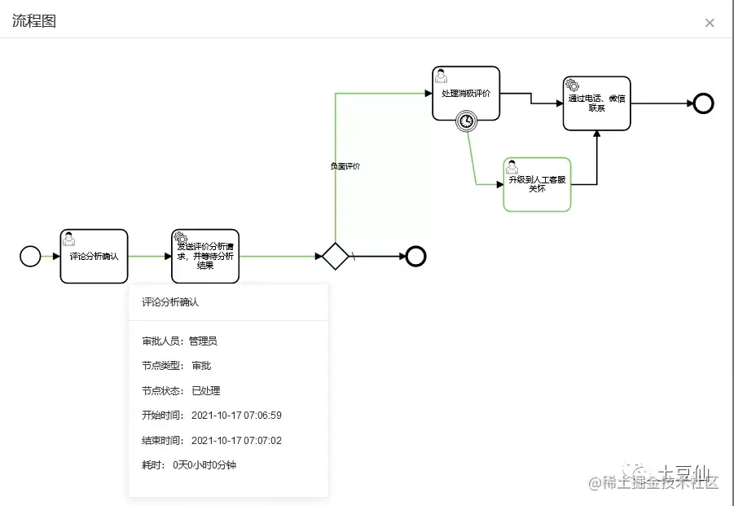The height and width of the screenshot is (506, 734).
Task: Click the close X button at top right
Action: (710, 23)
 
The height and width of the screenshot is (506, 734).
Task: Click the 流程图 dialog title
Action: (34, 21)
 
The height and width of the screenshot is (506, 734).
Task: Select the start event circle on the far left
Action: (30, 257)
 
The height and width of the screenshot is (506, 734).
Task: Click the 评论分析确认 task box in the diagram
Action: (94, 257)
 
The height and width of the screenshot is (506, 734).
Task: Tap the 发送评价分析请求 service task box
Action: (205, 257)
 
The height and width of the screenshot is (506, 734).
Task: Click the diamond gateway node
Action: (335, 256)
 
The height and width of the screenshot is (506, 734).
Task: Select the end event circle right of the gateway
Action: (416, 257)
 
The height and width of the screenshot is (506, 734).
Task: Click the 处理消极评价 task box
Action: (465, 93)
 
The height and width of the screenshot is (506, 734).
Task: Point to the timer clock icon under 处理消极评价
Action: (466, 121)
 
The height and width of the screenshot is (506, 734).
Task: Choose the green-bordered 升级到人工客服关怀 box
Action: (537, 185)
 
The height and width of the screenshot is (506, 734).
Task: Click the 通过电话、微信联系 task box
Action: (597, 103)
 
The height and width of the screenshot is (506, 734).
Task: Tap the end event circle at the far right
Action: (703, 103)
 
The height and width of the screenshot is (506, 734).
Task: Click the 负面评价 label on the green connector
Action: (345, 166)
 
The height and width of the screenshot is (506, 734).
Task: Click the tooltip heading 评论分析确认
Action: (170, 302)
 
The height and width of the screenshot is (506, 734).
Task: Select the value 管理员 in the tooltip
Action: (203, 341)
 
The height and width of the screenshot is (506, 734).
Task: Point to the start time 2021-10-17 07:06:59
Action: (236, 416)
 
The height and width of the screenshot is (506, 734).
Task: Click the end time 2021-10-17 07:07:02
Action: (236, 441)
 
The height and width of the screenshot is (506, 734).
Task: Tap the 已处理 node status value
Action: (205, 391)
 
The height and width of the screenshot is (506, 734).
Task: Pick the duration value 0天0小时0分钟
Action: (204, 465)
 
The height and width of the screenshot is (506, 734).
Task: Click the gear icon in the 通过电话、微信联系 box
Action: (573, 86)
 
